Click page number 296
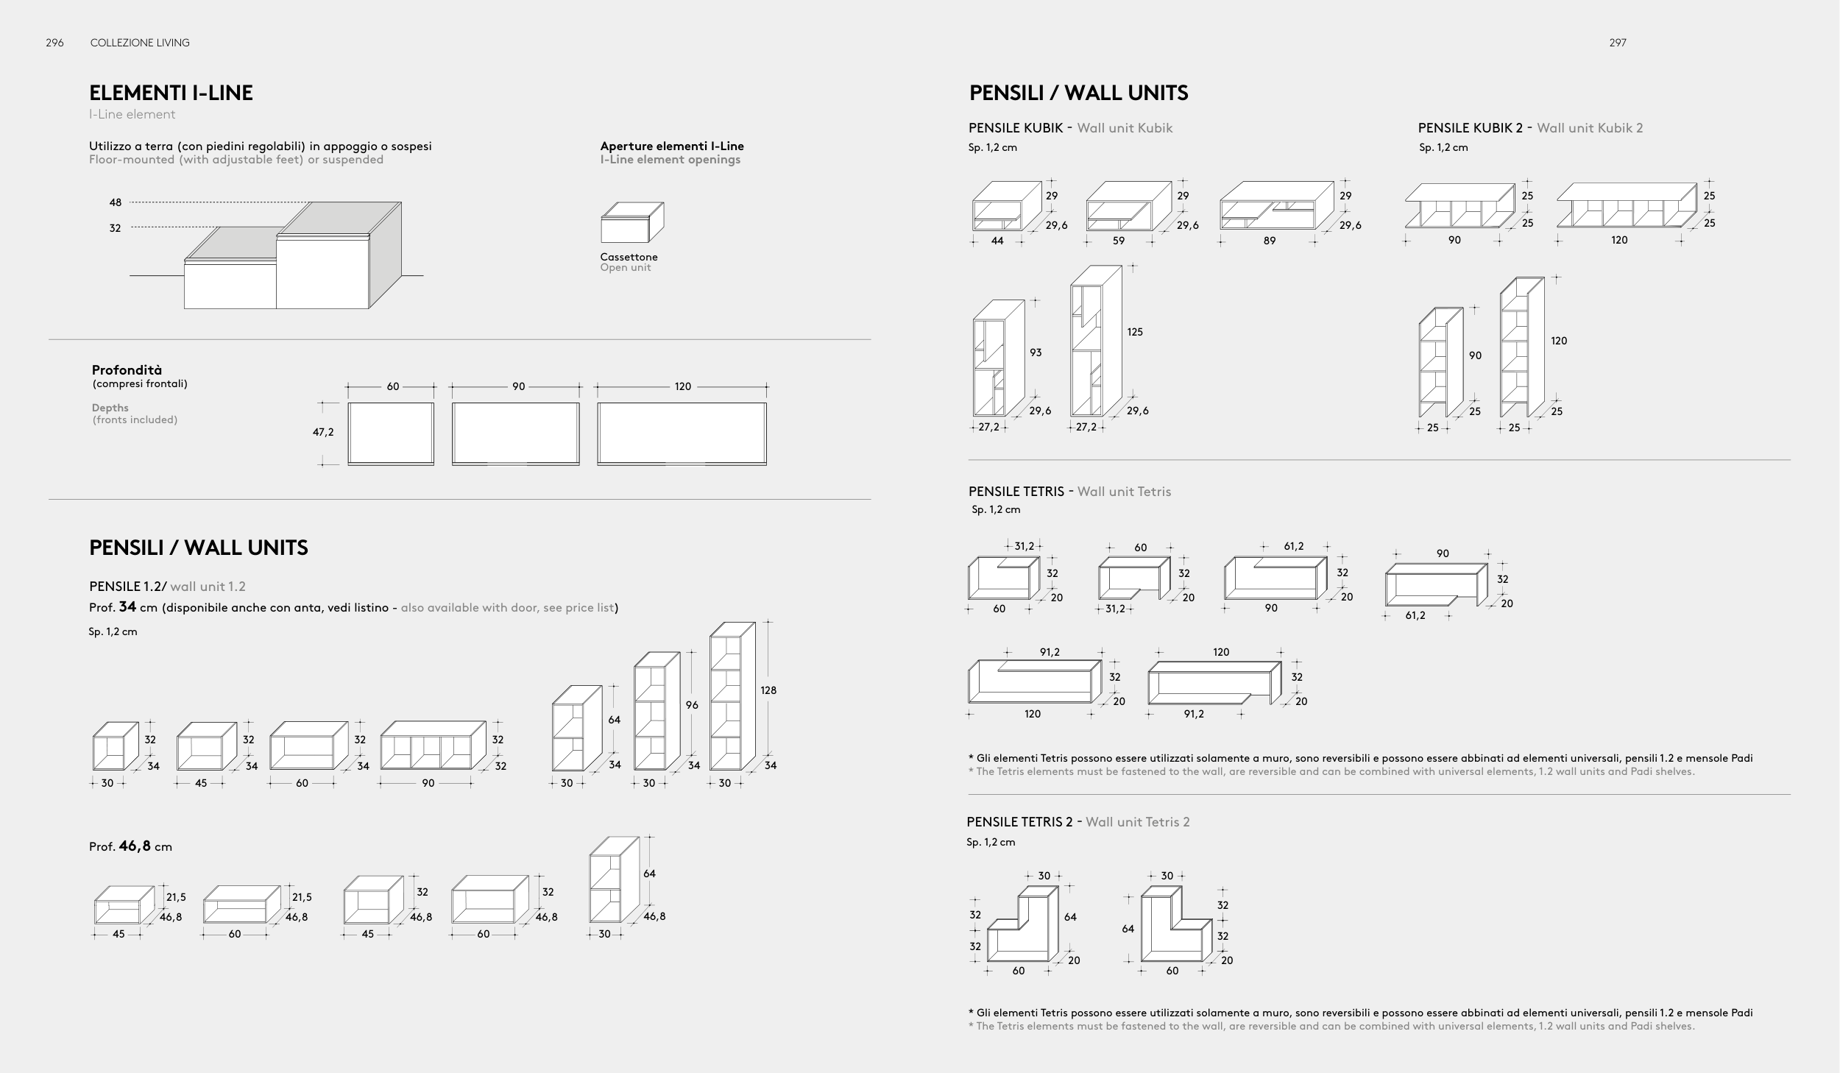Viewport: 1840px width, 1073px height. pos(54,43)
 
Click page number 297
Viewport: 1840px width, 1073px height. pos(1617,43)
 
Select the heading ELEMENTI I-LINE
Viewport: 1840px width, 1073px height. pos(171,93)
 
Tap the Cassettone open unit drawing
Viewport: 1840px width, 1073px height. pos(631,223)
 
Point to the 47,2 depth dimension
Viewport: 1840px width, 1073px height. pos(323,432)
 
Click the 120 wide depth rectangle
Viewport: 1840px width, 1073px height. pos(682,433)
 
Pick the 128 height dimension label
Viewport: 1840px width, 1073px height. pos(768,690)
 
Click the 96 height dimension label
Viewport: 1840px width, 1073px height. pos(692,705)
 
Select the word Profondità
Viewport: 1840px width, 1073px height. pos(127,370)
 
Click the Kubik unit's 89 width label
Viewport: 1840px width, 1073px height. pos(1269,241)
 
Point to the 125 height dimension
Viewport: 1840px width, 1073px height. pos(1135,332)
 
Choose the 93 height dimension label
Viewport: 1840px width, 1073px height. pos(1036,353)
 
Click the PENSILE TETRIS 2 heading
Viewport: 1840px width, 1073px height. pos(1019,822)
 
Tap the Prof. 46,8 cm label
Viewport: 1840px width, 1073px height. pos(130,846)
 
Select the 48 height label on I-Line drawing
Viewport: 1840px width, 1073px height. pos(116,202)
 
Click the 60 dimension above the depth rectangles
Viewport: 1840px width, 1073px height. pos(393,386)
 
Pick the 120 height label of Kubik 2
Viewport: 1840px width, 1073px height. pos(1559,341)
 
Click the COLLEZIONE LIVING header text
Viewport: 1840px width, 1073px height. pos(140,43)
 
